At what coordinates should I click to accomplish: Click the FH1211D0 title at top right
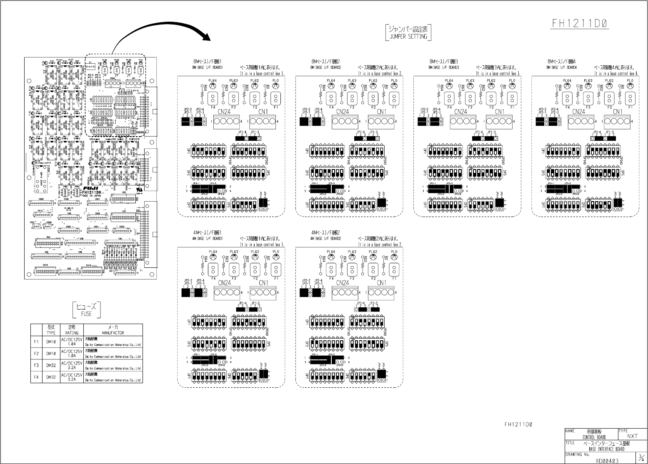click(x=580, y=23)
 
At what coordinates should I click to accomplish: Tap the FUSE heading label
click(x=87, y=310)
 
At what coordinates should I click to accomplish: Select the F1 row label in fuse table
click(x=36, y=342)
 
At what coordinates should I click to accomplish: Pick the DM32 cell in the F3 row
click(x=51, y=365)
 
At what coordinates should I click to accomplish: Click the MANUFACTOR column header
click(x=113, y=330)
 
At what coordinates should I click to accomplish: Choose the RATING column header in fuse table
click(x=72, y=330)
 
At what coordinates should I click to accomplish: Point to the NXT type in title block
click(x=632, y=436)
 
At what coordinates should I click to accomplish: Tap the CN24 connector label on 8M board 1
click(x=224, y=111)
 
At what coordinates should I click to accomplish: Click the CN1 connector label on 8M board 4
click(x=618, y=111)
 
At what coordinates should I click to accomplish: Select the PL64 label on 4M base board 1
click(x=213, y=252)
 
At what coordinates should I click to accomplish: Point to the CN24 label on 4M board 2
click(x=342, y=283)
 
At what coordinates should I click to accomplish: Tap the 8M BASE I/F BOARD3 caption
click(x=444, y=67)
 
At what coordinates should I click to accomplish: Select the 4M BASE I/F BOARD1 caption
click(x=208, y=239)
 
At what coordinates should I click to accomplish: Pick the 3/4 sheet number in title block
click(x=640, y=457)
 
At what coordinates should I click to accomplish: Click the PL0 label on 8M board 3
click(x=512, y=80)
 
